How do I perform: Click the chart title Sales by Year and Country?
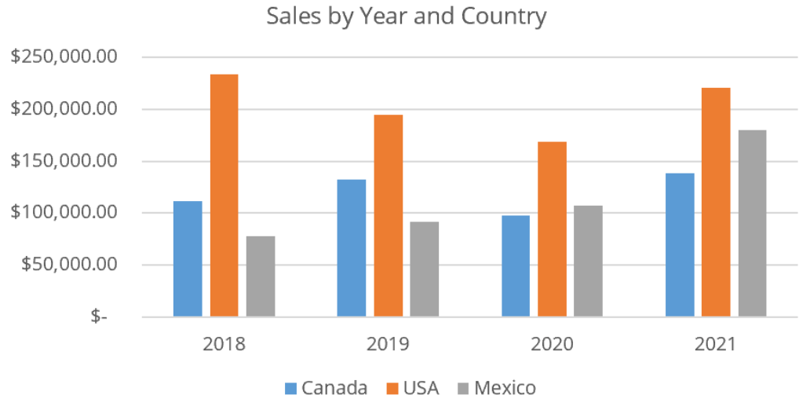click(x=406, y=16)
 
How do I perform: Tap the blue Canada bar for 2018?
click(x=188, y=259)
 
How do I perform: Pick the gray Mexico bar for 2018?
click(x=261, y=276)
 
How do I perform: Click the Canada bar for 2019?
click(x=352, y=248)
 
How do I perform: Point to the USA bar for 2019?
click(x=388, y=216)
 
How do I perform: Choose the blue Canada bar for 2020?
click(x=516, y=266)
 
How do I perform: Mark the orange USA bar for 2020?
click(x=552, y=229)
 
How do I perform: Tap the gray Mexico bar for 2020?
click(x=588, y=262)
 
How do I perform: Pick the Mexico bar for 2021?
click(x=752, y=224)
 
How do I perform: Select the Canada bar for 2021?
click(x=680, y=245)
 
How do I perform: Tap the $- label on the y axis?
click(x=99, y=316)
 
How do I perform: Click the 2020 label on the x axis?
click(x=552, y=345)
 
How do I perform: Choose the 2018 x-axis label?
click(x=224, y=345)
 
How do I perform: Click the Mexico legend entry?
click(x=496, y=388)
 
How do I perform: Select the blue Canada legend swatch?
click(x=291, y=388)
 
